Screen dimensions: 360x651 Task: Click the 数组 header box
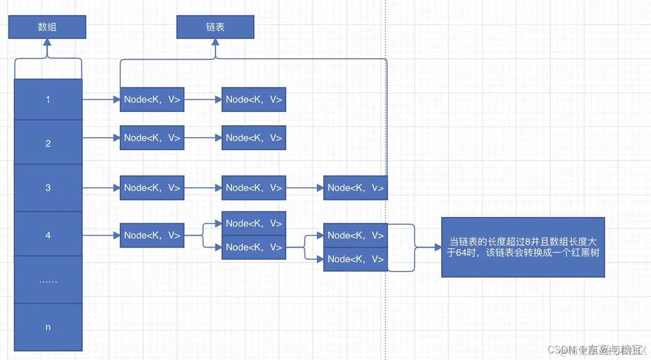(47, 27)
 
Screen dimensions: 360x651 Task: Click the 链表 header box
(215, 27)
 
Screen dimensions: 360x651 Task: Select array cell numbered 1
(48, 100)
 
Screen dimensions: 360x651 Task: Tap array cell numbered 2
(48, 143)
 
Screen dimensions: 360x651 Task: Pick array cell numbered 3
(48, 188)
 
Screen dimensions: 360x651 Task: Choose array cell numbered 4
(48, 235)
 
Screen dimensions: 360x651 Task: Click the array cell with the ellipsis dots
(48, 280)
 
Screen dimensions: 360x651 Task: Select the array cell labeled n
(48, 327)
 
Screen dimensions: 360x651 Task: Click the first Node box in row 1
(152, 100)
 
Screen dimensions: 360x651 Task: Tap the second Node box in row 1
(254, 100)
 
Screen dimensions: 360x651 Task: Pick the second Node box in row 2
(254, 138)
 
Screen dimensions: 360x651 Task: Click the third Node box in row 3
(355, 188)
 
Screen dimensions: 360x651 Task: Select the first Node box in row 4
(152, 235)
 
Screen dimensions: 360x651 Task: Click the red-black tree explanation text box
(523, 247)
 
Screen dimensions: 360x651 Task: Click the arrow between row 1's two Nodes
(203, 100)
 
